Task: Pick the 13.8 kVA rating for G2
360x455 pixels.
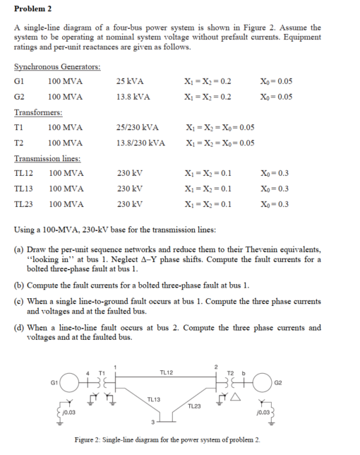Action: [132, 96]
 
